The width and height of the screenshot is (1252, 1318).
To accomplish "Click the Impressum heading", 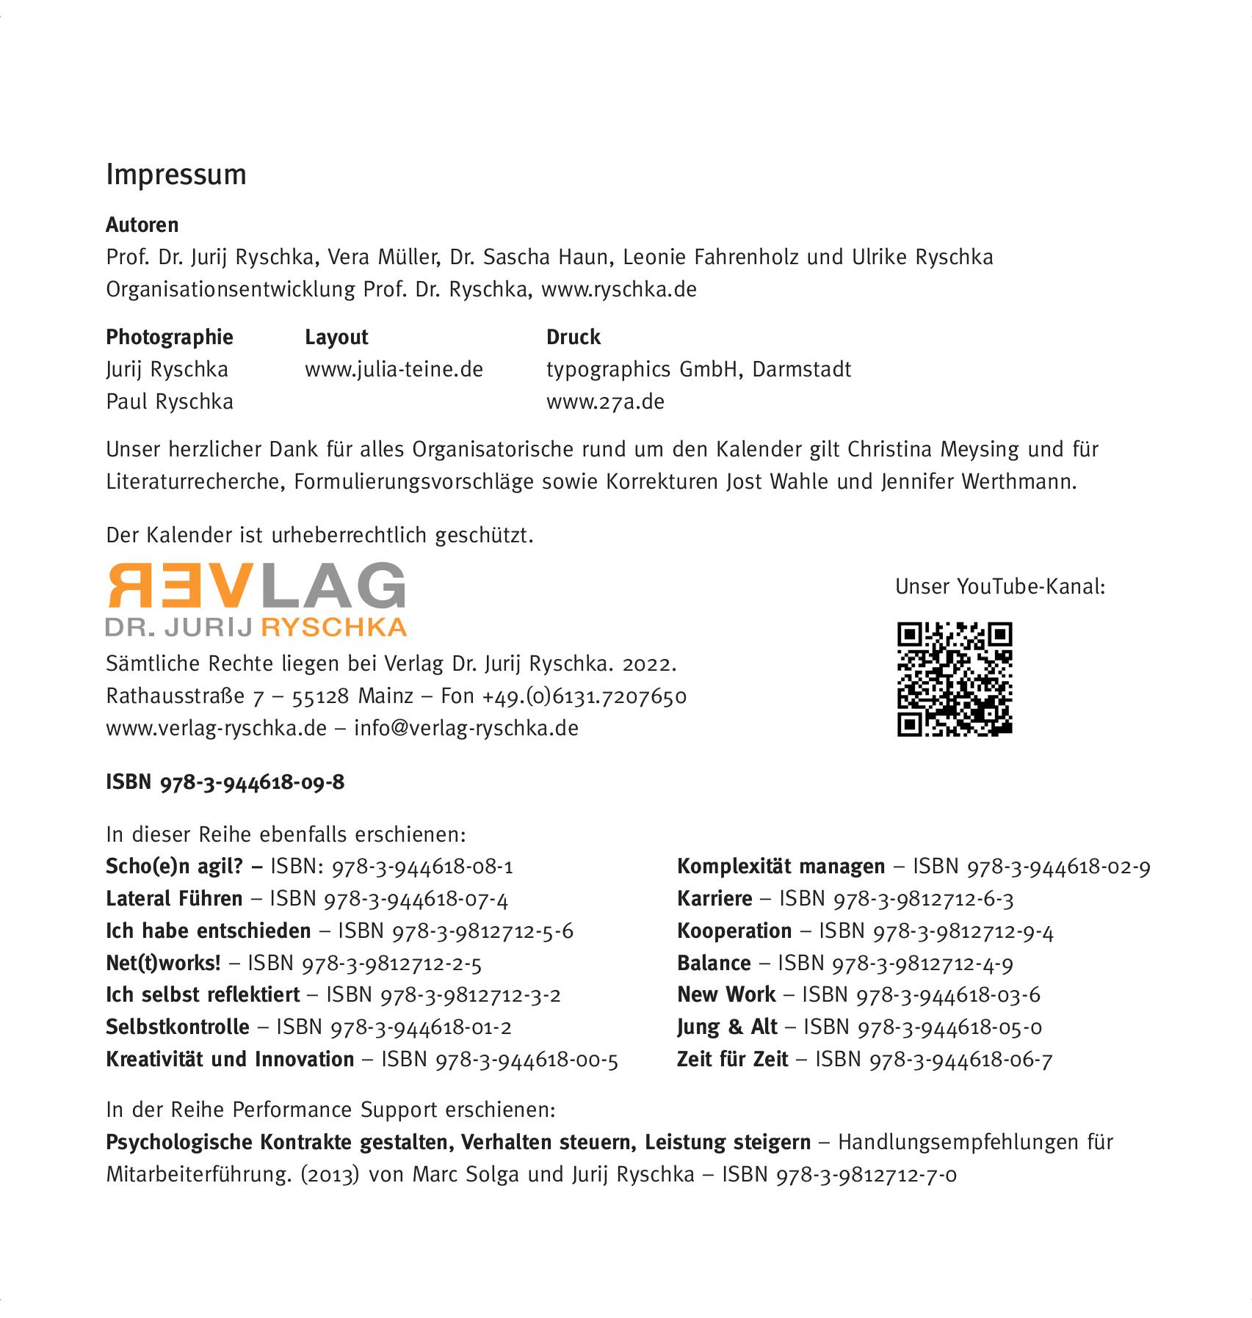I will pos(176,175).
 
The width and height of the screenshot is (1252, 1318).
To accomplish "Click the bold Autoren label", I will pos(142,225).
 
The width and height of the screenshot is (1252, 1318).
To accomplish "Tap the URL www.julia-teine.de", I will pos(394,369).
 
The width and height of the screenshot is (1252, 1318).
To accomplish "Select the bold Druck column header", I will pos(573,337).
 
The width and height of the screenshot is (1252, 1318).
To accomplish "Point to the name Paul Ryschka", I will pos(170,401).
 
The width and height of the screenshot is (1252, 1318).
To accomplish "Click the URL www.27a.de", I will pos(605,401).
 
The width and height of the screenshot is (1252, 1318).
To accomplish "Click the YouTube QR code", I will pos(955,679).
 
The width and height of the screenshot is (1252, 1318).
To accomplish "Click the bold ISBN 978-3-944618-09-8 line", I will pos(225,782).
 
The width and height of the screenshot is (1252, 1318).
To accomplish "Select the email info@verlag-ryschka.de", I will pos(466,728).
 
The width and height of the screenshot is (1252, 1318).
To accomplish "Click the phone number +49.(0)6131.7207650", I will pos(585,696).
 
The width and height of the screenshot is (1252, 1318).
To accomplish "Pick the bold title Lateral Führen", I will pos(174,899).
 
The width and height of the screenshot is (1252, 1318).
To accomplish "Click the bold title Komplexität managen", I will pos(781,867).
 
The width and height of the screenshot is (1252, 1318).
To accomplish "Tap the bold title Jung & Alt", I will pos(727,1027).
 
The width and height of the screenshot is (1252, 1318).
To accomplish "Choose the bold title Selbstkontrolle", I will pos(178,1027).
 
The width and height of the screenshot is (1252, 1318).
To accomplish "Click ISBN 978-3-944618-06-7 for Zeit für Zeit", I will pos(960,1059).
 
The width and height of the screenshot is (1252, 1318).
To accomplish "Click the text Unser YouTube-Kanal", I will pos(999,586).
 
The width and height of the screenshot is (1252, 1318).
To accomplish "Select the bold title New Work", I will pos(725,994).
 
